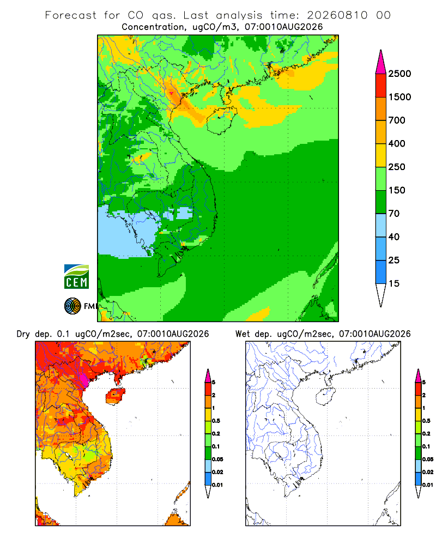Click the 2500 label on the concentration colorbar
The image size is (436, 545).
[x=399, y=74]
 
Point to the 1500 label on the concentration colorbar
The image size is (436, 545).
[x=399, y=97]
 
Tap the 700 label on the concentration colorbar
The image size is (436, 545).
[x=397, y=120]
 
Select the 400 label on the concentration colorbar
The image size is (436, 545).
[x=397, y=143]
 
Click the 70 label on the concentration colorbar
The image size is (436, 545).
[x=394, y=214]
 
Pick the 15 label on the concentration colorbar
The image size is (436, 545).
[x=394, y=283]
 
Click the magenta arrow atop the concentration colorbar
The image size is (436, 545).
[x=381, y=62]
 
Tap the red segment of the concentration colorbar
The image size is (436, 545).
[x=381, y=86]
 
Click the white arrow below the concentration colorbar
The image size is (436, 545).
[x=381, y=295]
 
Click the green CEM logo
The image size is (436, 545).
[x=76, y=277]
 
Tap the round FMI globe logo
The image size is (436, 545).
[x=72, y=306]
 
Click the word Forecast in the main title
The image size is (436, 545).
[x=71, y=15]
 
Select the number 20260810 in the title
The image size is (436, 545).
[x=337, y=15]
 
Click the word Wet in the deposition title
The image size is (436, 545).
[x=243, y=334]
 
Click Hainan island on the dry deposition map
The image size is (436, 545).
[x=115, y=396]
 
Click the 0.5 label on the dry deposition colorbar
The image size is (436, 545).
[x=216, y=421]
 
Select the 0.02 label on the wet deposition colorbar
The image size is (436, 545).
[x=428, y=472]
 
